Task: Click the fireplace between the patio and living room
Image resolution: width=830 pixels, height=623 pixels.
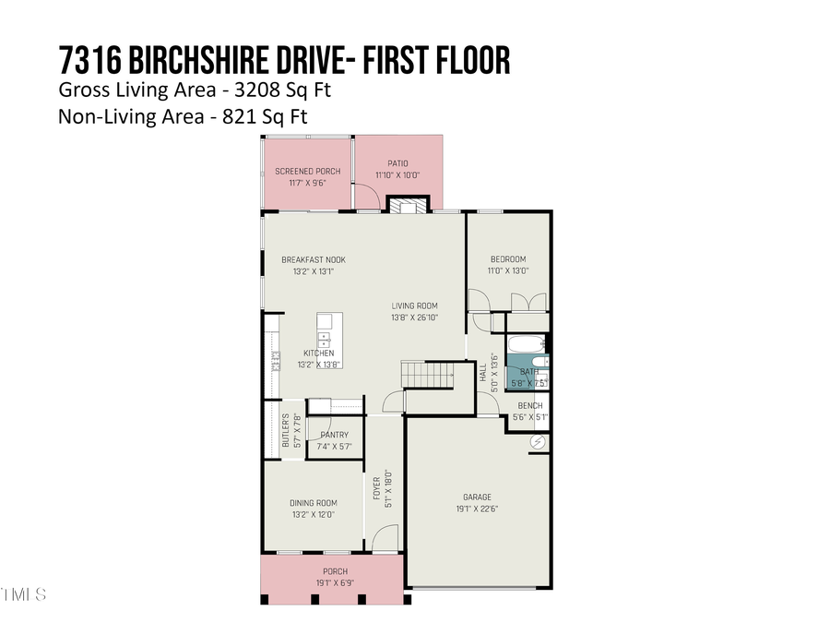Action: click(x=406, y=205)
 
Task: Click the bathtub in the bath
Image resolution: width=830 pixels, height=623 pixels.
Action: click(x=526, y=346)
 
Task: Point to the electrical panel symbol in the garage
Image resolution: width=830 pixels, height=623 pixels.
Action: click(x=538, y=443)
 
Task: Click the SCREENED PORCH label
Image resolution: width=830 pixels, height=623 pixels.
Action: click(x=307, y=172)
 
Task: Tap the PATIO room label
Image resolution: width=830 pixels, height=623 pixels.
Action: click(x=397, y=163)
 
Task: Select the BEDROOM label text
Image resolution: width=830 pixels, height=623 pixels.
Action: click(x=507, y=259)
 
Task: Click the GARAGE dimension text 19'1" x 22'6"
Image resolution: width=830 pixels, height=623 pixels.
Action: click(x=477, y=509)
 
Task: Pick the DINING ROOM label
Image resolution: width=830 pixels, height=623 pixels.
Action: click(x=314, y=503)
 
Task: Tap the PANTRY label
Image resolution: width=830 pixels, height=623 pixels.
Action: click(x=334, y=435)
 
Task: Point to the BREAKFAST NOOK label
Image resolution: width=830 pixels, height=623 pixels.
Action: click(x=314, y=260)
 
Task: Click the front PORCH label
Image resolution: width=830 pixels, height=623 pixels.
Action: click(x=334, y=571)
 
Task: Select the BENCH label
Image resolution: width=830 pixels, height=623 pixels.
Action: click(x=529, y=406)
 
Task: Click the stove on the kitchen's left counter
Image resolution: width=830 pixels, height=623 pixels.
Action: click(x=274, y=361)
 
